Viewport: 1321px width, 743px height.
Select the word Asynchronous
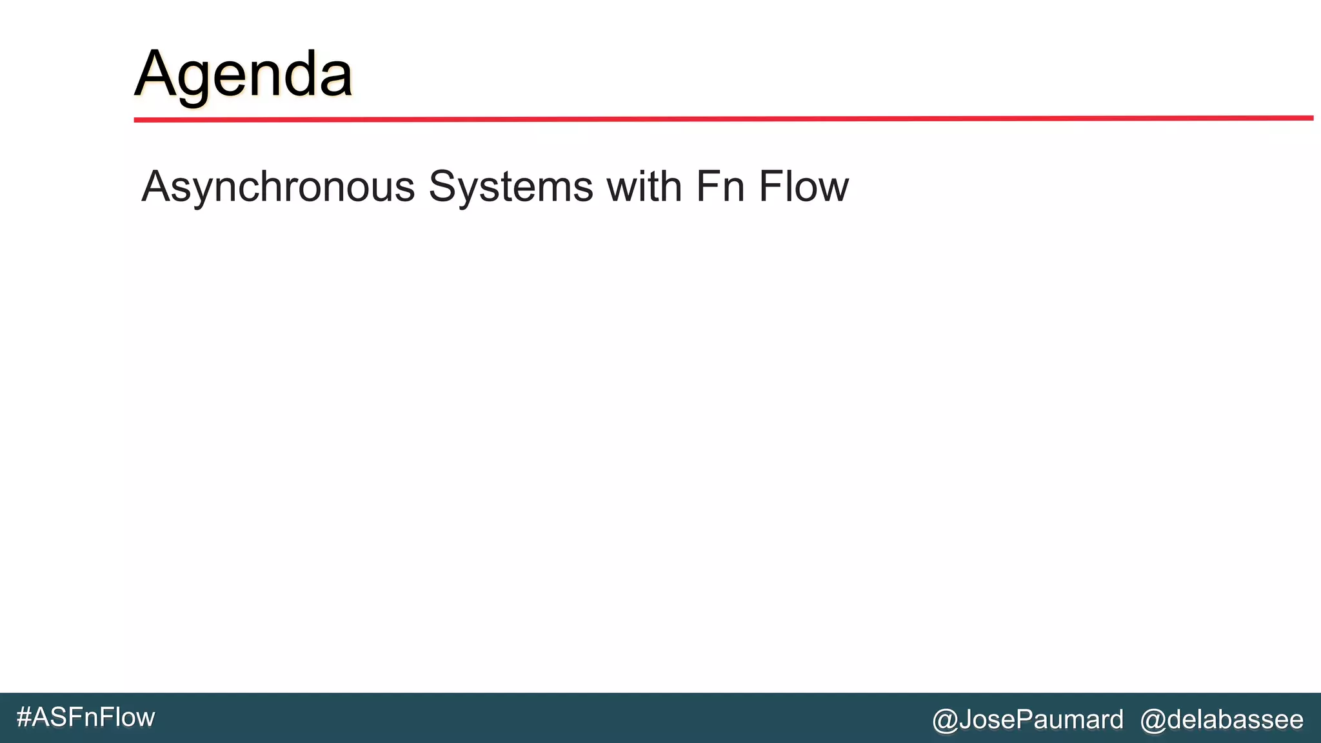pyautogui.click(x=278, y=187)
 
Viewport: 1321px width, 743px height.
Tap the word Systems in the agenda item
pyautogui.click(x=511, y=187)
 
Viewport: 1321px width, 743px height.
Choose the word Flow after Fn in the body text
pyautogui.click(x=804, y=187)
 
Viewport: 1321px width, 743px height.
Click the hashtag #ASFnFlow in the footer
pyautogui.click(x=86, y=717)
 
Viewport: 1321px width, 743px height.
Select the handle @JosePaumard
pyautogui.click(x=1028, y=719)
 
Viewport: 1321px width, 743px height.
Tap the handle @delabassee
pyautogui.click(x=1222, y=719)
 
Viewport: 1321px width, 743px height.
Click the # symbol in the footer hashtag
pyautogui.click(x=24, y=717)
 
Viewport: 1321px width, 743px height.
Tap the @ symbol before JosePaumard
pyautogui.click(x=946, y=720)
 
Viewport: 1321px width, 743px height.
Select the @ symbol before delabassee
pyautogui.click(x=1153, y=720)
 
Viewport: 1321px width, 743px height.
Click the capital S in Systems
pyautogui.click(x=444, y=187)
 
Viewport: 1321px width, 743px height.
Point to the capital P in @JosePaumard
pyautogui.click(x=1026, y=719)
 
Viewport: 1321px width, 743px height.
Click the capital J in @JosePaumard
pyautogui.click(x=966, y=719)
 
